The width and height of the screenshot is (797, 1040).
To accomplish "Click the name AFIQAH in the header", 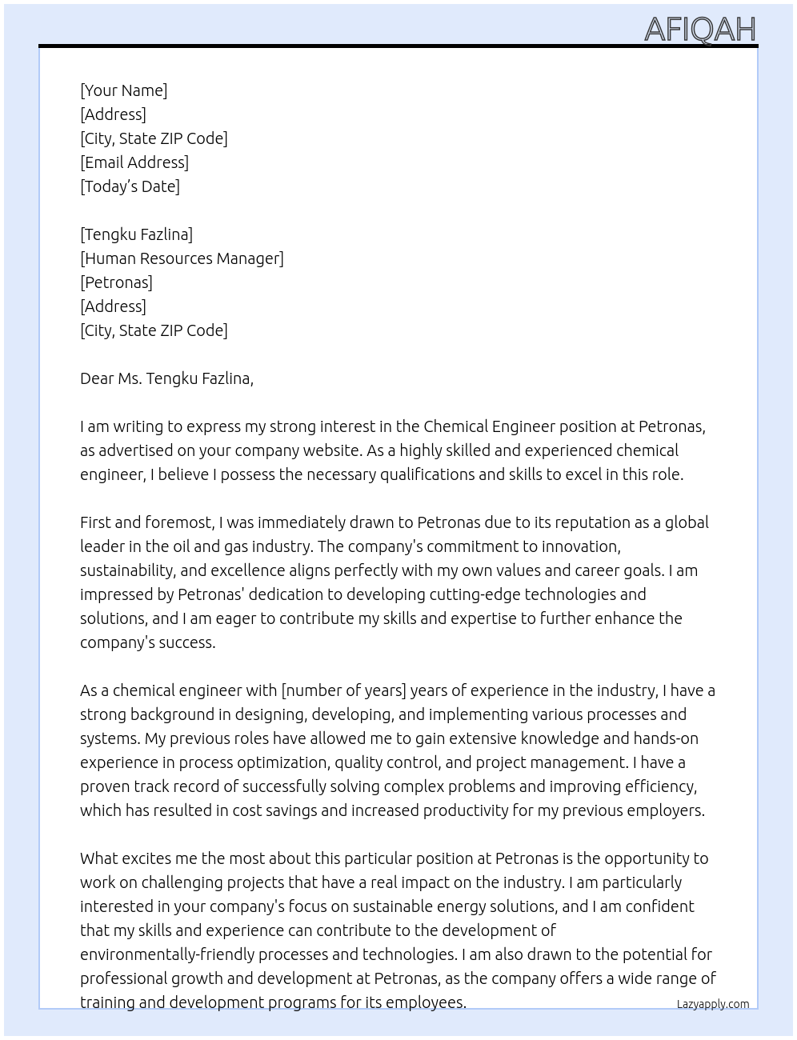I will [x=699, y=30].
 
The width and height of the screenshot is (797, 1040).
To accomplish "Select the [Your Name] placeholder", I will [x=123, y=90].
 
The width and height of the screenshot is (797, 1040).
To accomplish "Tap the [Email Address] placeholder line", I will [x=134, y=162].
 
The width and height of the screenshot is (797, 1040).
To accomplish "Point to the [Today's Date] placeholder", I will [x=130, y=186].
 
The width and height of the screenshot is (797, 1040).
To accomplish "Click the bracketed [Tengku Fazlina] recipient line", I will [x=136, y=234].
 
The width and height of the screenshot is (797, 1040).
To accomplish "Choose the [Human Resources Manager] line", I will [x=182, y=258].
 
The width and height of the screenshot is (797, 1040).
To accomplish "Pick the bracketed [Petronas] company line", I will [x=116, y=282].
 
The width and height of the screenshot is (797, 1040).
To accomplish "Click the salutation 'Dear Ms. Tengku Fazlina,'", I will [x=166, y=378].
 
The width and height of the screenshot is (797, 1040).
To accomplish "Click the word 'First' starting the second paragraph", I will [x=95, y=522].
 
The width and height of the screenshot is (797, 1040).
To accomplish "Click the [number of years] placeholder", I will [x=343, y=690].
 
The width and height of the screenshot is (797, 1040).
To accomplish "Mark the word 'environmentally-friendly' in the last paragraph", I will [x=163, y=954].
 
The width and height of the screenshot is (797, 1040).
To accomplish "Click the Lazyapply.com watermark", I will [x=713, y=1004].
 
